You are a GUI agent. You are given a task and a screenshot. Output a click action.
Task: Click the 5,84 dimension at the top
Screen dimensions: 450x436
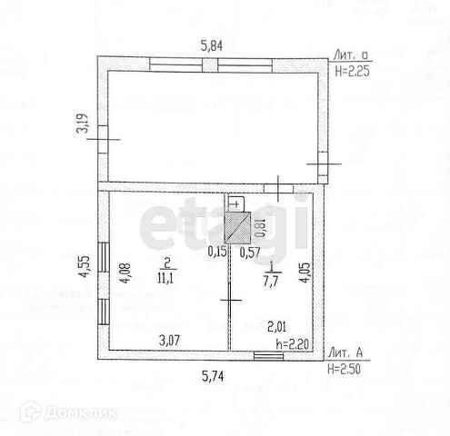click(212, 46)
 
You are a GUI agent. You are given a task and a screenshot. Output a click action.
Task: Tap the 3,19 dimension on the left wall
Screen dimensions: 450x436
click(83, 124)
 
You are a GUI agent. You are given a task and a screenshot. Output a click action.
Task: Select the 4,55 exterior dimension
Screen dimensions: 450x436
click(84, 266)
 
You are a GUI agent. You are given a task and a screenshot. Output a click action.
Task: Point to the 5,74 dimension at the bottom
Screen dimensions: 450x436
click(213, 377)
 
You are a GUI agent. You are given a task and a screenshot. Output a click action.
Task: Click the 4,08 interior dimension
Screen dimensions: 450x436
click(125, 272)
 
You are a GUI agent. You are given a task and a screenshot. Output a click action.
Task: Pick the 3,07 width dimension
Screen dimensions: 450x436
click(169, 341)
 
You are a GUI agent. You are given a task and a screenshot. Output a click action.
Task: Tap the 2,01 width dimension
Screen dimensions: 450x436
click(276, 327)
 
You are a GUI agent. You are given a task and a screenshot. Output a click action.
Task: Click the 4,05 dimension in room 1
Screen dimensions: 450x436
click(305, 272)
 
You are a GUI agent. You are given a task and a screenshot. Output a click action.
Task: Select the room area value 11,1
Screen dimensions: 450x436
click(165, 278)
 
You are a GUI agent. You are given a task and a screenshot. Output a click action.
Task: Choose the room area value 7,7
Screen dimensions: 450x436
click(271, 282)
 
